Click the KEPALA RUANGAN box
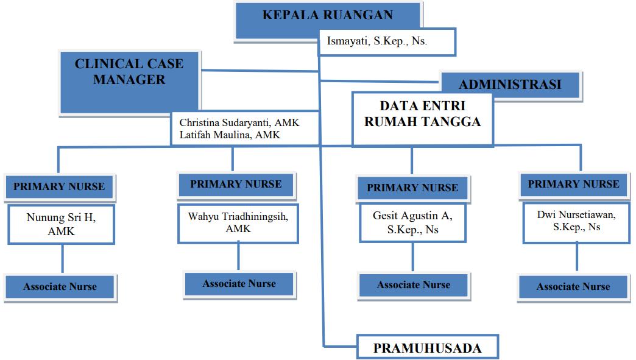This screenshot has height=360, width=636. click(x=328, y=16)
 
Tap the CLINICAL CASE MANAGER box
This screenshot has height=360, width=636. click(x=129, y=72)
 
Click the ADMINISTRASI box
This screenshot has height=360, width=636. click(x=510, y=85)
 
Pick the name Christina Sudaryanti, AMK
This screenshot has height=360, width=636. click(x=239, y=123)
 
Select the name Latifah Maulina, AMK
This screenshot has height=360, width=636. click(x=230, y=135)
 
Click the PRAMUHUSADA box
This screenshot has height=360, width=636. click(x=427, y=348)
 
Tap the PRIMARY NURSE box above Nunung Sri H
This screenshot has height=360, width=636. click(x=59, y=187)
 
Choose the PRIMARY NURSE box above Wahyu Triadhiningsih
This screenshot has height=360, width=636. click(x=236, y=184)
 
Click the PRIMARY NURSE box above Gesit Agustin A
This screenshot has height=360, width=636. click(x=412, y=188)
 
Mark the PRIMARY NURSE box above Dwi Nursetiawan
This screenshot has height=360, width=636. click(x=573, y=184)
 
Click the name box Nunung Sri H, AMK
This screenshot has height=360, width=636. click(x=61, y=224)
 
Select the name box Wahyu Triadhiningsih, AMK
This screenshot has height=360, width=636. click(x=238, y=223)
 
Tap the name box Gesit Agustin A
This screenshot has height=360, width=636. click(x=412, y=223)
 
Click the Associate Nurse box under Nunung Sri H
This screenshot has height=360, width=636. click(x=60, y=286)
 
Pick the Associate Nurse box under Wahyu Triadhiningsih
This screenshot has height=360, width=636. click(x=239, y=284)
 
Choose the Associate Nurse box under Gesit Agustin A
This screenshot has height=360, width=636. click(x=413, y=285)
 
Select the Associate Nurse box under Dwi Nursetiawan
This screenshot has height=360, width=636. click(x=573, y=286)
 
